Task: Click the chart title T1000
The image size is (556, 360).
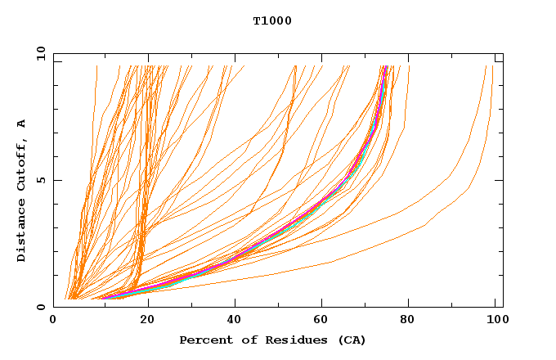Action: tap(272, 20)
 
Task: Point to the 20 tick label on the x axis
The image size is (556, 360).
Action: tap(148, 321)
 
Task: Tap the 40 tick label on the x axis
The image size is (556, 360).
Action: tap(236, 321)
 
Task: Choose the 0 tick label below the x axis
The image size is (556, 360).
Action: tap(54, 321)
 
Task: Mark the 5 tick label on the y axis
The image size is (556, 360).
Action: tap(39, 180)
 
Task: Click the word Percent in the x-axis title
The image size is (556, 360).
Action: tap(203, 340)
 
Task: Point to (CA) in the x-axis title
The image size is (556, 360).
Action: tap(352, 340)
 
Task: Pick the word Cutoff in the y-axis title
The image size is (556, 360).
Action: tap(22, 164)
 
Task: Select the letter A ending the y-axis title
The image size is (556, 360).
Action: tap(22, 124)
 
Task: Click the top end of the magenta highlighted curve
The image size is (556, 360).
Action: tap(385, 67)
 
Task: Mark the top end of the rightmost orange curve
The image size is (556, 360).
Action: tap(492, 67)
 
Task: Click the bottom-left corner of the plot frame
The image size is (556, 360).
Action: tap(54, 307)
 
